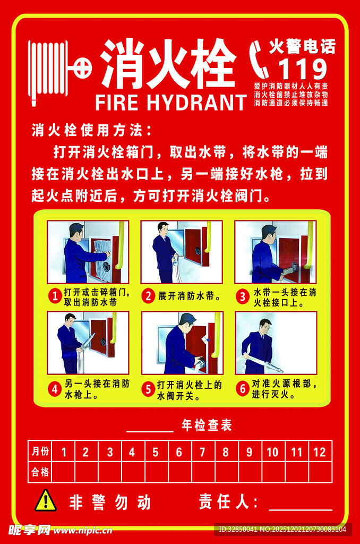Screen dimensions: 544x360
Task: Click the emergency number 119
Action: tap(303, 69)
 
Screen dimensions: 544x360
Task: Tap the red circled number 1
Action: tap(54, 296)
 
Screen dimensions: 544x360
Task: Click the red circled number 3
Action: tap(242, 296)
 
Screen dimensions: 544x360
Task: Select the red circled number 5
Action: tap(148, 389)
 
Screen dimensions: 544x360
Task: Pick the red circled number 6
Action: tap(242, 389)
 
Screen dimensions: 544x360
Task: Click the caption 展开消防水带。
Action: tap(190, 296)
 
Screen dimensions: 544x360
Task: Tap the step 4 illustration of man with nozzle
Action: tap(88, 343)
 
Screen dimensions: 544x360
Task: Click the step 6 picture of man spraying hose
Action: tap(276, 343)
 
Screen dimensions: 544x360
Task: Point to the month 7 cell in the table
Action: tap(202, 452)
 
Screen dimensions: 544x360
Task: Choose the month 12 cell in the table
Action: tap(320, 452)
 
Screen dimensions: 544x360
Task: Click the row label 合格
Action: tap(40, 472)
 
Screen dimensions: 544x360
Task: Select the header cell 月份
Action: tap(40, 452)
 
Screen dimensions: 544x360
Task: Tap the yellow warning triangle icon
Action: tap(46, 500)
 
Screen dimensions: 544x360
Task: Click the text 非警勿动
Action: tap(110, 502)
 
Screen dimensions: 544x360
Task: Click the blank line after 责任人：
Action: tap(301, 505)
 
